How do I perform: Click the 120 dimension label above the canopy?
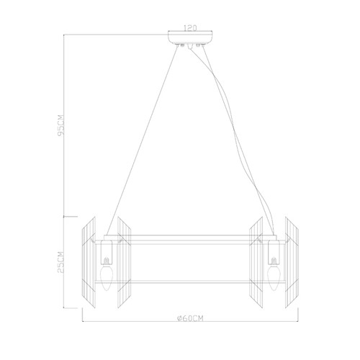pyautogui.click(x=190, y=28)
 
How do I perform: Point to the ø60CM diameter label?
pyautogui.click(x=190, y=318)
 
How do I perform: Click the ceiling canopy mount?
pyautogui.click(x=190, y=38)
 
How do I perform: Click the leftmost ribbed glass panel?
pyautogui.click(x=89, y=262)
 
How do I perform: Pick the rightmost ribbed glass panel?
pyautogui.click(x=292, y=262)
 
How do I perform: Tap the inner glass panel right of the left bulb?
pyautogui.click(x=124, y=262)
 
